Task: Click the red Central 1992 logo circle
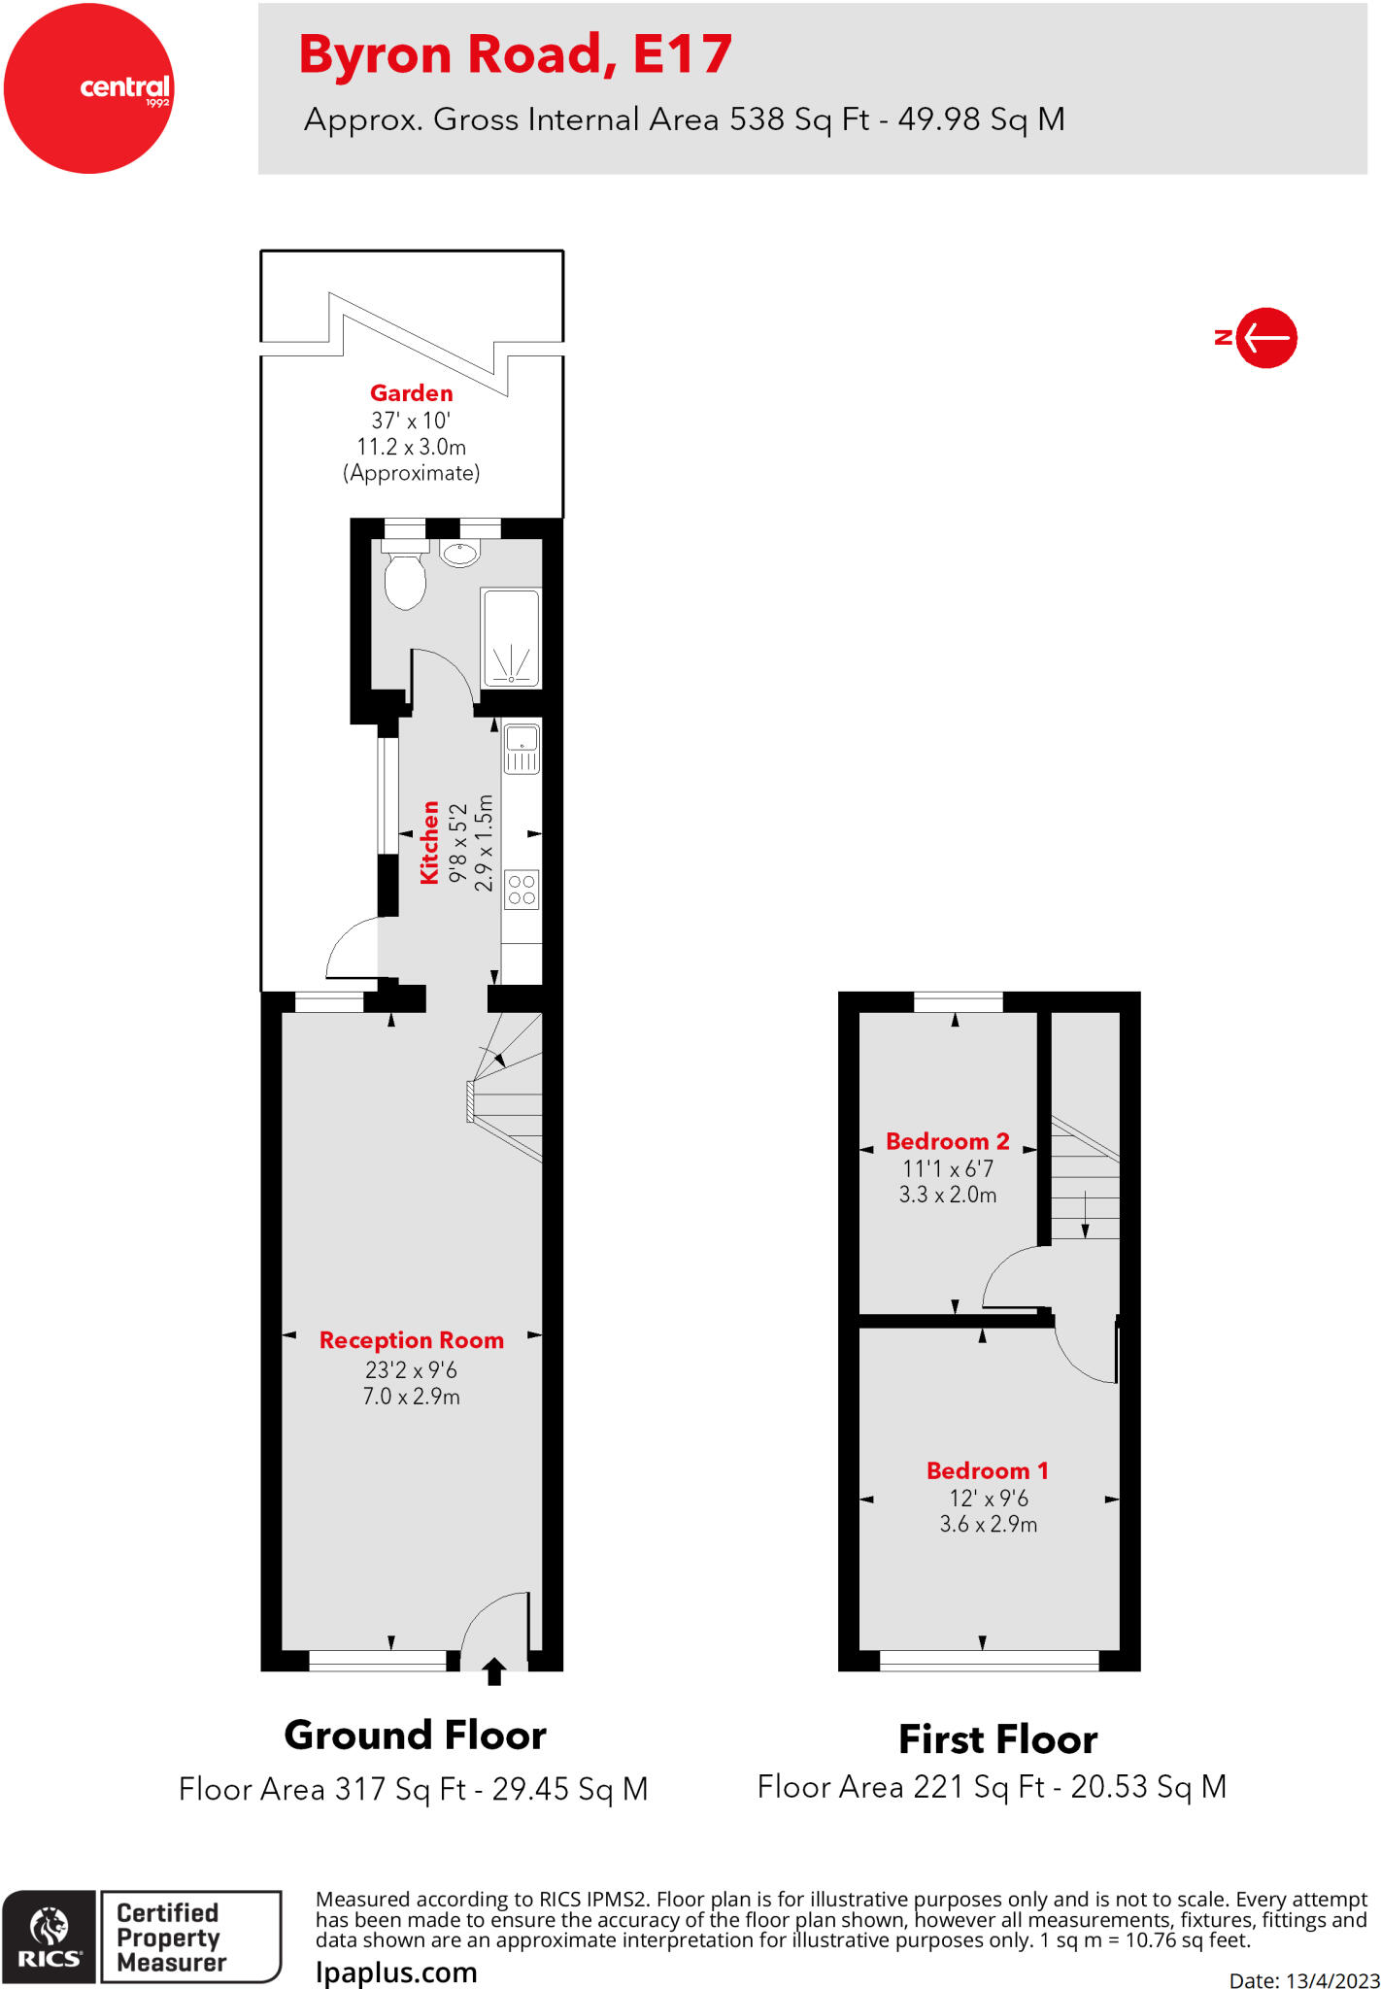88,88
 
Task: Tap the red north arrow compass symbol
1264,338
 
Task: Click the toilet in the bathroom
405,579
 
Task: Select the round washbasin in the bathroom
459,555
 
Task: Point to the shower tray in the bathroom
511,638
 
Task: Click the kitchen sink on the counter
522,748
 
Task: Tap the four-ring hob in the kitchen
522,890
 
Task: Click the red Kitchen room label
429,842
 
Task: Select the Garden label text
411,393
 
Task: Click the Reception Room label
412,1340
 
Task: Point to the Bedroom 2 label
947,1141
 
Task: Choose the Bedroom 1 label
987,1470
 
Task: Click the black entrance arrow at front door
494,1671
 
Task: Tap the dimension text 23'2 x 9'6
411,1370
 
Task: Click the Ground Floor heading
415,1736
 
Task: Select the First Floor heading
997,1739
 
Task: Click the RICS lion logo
50,1928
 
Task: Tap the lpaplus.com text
396,1972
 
